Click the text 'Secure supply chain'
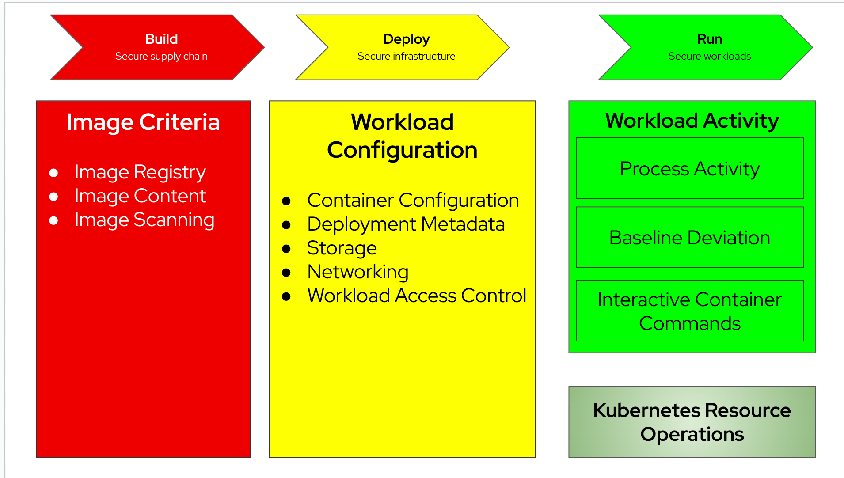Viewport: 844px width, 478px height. click(161, 57)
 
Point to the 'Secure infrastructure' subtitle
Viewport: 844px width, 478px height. click(406, 57)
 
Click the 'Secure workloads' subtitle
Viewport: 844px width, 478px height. click(709, 57)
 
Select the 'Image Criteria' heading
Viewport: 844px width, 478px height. click(143, 122)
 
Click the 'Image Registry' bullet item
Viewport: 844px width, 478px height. click(140, 172)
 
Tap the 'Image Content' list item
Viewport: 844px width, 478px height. click(140, 196)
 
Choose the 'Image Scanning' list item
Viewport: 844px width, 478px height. click(144, 220)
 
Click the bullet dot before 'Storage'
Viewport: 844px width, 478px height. click(286, 249)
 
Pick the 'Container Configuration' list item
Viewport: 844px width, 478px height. click(413, 201)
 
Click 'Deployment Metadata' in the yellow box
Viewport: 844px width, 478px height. click(406, 224)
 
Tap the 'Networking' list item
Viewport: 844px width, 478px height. click(357, 272)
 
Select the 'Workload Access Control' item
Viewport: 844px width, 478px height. click(417, 296)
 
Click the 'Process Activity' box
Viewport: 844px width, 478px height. click(689, 169)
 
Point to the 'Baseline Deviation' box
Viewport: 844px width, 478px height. click(689, 238)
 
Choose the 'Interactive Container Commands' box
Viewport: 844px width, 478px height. click(689, 311)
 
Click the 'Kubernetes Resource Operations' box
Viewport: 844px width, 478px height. click(692, 422)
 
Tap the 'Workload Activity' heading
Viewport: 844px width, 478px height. click(692, 121)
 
